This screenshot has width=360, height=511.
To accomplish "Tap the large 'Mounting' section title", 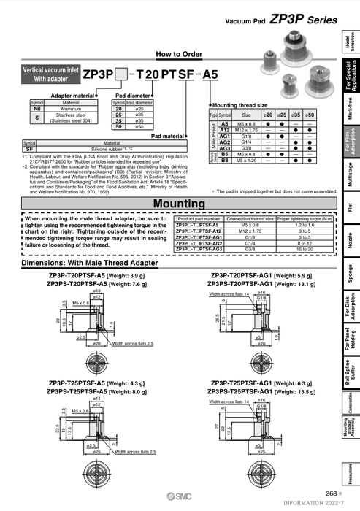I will (178, 204).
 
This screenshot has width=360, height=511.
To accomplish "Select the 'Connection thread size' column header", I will (250, 218).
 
